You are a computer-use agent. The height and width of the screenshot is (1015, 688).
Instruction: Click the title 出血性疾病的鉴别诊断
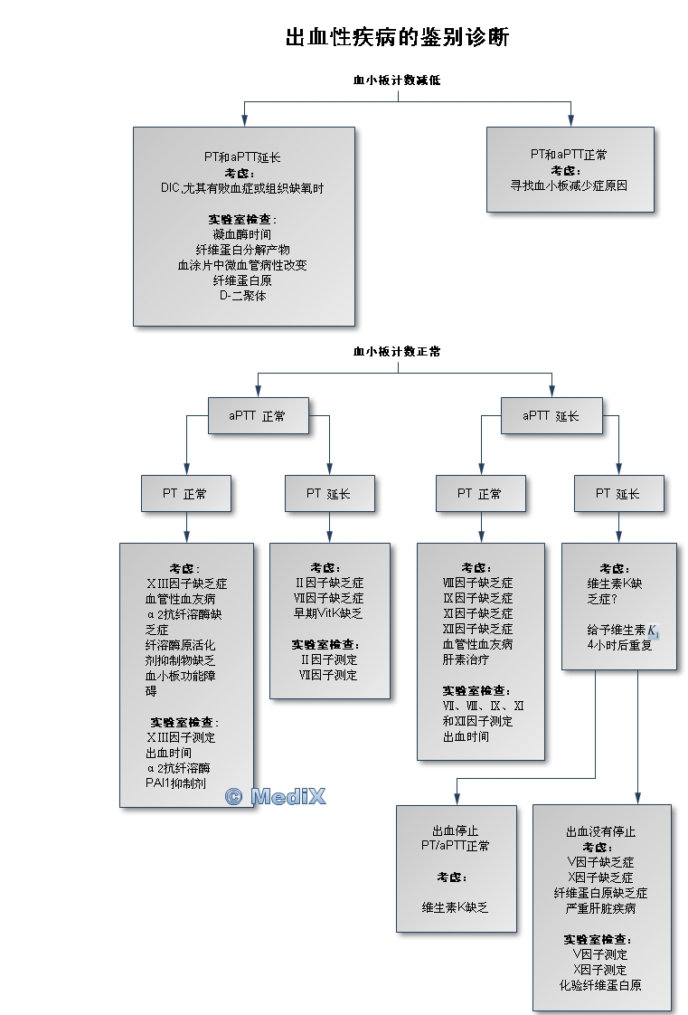(x=397, y=37)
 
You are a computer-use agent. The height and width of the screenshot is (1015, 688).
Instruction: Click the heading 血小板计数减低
(x=397, y=81)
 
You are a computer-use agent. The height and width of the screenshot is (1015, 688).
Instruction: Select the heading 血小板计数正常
(x=397, y=351)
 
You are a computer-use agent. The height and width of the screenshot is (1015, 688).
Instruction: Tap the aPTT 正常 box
(x=258, y=416)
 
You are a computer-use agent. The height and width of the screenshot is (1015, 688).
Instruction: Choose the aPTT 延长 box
(x=551, y=416)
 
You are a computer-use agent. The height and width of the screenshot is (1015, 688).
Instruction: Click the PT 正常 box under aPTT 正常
(x=185, y=494)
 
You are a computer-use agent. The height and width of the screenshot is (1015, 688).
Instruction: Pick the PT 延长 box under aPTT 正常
(x=328, y=494)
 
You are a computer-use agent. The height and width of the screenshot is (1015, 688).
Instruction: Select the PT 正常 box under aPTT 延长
(x=479, y=494)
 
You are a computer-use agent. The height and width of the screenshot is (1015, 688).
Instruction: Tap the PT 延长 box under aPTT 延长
(x=618, y=494)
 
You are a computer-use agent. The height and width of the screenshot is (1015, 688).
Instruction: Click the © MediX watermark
(x=276, y=796)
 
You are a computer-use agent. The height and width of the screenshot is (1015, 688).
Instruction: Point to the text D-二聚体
(x=242, y=296)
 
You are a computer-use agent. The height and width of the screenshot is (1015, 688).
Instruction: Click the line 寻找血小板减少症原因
(x=569, y=185)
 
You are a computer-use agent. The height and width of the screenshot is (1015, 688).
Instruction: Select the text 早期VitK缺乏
(x=329, y=613)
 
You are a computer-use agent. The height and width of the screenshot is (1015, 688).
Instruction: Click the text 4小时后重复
(x=618, y=645)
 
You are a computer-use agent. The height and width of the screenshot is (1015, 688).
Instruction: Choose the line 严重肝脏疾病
(x=601, y=908)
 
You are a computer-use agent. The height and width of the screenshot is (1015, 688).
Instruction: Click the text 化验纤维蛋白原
(x=600, y=985)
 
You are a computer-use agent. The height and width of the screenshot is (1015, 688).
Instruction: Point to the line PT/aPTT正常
(x=456, y=847)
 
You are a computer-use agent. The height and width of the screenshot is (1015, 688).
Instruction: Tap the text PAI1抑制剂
(x=175, y=783)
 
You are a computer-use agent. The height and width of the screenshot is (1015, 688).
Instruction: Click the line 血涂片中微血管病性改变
(x=242, y=265)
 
